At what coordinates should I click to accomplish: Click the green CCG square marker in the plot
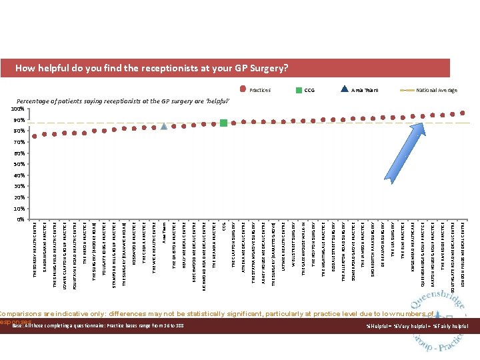(x=223, y=123)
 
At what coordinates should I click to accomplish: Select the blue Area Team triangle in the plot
(x=164, y=126)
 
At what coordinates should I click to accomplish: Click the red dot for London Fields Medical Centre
(x=463, y=112)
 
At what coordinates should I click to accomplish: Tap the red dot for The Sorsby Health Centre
(x=35, y=135)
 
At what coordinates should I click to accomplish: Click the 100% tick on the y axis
(x=18, y=109)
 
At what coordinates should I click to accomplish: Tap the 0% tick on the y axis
(x=21, y=219)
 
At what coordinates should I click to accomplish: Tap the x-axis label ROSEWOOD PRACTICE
(x=134, y=243)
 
